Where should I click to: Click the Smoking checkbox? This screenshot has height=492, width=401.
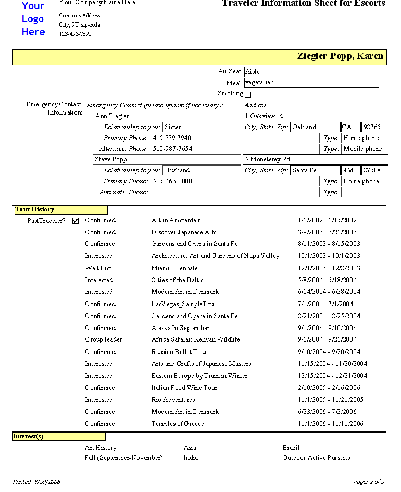[248, 95]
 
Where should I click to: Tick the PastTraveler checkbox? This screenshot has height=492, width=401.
[76, 221]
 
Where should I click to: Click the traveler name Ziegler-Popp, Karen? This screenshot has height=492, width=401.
[340, 56]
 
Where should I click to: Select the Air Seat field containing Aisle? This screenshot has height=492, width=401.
[311, 72]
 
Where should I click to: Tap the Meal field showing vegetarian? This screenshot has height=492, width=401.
[311, 83]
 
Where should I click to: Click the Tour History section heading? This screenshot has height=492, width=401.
[35, 210]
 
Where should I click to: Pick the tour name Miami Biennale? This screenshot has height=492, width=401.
[174, 268]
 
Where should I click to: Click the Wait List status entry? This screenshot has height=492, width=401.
[98, 268]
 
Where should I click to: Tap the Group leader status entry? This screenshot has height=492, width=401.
[104, 339]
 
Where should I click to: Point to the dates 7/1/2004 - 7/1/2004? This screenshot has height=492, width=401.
[325, 304]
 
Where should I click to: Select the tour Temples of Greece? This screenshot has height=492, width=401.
[178, 424]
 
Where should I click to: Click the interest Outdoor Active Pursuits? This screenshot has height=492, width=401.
[316, 458]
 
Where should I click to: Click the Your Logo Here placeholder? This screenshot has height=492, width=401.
[33, 19]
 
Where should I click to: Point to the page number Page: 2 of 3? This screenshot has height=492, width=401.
[369, 482]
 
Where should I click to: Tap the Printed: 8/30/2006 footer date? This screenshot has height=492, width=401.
[36, 482]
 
